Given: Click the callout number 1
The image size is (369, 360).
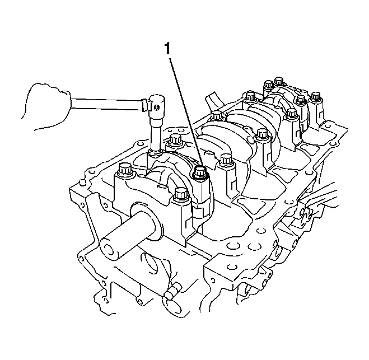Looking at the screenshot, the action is pyautogui.click(x=167, y=49).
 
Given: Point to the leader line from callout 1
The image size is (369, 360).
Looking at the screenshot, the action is pyautogui.click(x=185, y=113).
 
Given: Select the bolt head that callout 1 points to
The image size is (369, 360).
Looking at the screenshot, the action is pyautogui.click(x=199, y=171).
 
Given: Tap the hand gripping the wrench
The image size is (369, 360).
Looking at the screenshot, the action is pyautogui.click(x=46, y=106).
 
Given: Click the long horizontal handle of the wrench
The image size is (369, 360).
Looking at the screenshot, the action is pyautogui.click(x=106, y=104).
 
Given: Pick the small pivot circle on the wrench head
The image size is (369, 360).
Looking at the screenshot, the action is pyautogui.click(x=156, y=107).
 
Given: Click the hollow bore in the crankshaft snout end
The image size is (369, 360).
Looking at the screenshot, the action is pyautogui.click(x=109, y=250).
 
